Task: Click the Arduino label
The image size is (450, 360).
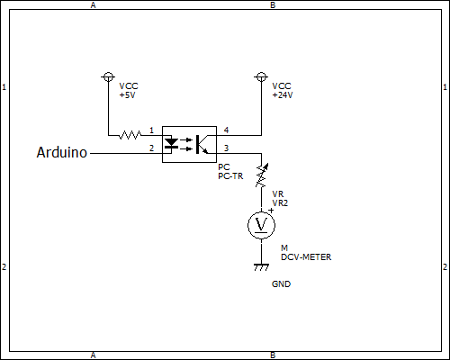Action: (62, 152)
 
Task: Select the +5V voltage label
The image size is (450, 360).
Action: (127, 95)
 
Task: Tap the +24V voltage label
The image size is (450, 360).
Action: (283, 95)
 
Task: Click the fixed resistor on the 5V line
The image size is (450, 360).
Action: (130, 135)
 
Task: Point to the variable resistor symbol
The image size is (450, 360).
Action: (261, 175)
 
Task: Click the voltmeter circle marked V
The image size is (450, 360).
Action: (261, 225)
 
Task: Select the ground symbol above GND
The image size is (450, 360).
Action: (261, 267)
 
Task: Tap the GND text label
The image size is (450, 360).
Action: (281, 284)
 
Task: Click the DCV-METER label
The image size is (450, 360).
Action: (306, 257)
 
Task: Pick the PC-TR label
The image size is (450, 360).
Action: (230, 176)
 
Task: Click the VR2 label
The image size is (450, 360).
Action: (280, 203)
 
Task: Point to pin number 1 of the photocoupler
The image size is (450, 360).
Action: (151, 130)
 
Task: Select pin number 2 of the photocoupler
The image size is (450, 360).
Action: (151, 148)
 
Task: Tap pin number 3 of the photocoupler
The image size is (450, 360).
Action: (226, 148)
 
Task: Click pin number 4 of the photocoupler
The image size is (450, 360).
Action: (226, 130)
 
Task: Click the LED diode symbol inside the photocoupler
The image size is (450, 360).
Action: (172, 143)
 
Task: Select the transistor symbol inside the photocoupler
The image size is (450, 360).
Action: (202, 144)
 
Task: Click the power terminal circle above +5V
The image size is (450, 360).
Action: (108, 77)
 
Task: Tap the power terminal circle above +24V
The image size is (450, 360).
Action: (261, 77)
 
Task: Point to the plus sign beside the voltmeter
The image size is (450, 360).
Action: (271, 211)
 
